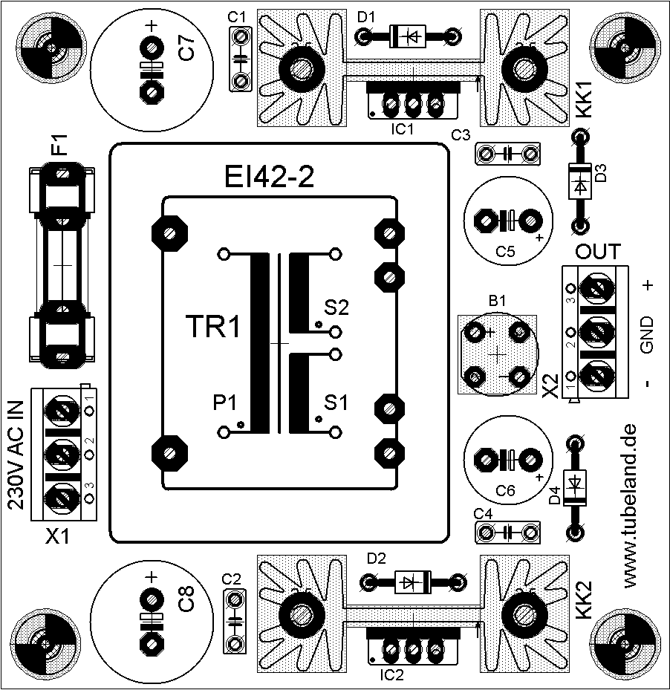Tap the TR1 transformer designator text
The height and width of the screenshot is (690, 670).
[213, 328]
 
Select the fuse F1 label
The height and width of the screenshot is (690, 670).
[59, 144]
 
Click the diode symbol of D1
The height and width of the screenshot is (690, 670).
[408, 34]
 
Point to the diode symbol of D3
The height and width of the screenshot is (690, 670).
[579, 181]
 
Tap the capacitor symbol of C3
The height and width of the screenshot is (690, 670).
[507, 154]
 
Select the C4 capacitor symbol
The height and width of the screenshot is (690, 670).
[507, 533]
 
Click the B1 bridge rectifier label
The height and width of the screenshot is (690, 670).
[497, 302]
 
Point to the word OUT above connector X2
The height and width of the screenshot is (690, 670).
[598, 250]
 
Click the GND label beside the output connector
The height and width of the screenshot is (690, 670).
[647, 335]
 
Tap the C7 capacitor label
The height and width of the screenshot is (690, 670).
[187, 48]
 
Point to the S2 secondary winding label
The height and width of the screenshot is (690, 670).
[336, 306]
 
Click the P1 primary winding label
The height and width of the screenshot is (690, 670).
[224, 403]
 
